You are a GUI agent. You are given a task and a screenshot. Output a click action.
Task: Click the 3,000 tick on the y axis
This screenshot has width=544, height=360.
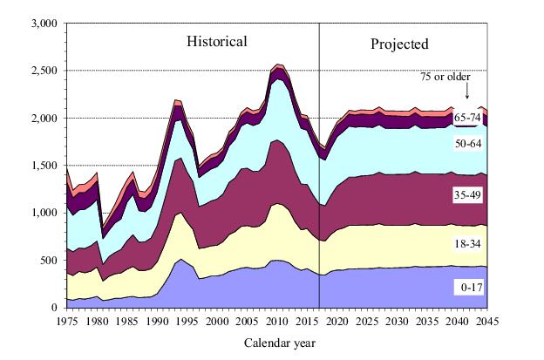click(x=41, y=23)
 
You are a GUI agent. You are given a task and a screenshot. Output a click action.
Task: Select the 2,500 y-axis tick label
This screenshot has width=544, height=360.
click(x=41, y=71)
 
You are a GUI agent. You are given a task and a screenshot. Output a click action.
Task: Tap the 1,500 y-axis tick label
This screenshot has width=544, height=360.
click(x=41, y=165)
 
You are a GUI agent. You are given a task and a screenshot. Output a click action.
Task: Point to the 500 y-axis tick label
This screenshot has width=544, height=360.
click(x=47, y=260)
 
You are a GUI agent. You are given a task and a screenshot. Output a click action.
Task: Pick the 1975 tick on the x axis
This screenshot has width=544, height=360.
click(x=67, y=321)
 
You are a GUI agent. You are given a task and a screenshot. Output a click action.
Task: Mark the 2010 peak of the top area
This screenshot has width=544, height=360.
click(x=277, y=65)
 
